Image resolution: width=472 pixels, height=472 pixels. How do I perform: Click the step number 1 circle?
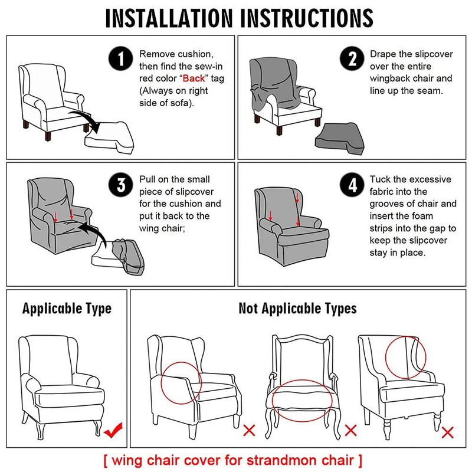(x=122, y=60)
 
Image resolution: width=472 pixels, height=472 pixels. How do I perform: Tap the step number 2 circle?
(x=352, y=60)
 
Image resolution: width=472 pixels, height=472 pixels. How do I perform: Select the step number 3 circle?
(x=122, y=185)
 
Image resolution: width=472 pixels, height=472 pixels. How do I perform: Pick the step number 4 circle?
(x=352, y=185)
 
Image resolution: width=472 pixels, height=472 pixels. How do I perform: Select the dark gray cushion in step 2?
(x=339, y=137)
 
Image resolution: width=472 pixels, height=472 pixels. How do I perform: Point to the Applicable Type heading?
(x=67, y=309)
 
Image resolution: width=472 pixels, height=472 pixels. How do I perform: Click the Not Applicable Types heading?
(x=297, y=309)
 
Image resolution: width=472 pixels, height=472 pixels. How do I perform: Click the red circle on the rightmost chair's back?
(x=406, y=357)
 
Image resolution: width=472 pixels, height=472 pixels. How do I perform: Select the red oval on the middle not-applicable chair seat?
(x=302, y=398)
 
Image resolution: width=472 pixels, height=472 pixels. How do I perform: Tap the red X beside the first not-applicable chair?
(x=249, y=430)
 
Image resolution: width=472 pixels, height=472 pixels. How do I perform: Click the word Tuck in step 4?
(x=381, y=179)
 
